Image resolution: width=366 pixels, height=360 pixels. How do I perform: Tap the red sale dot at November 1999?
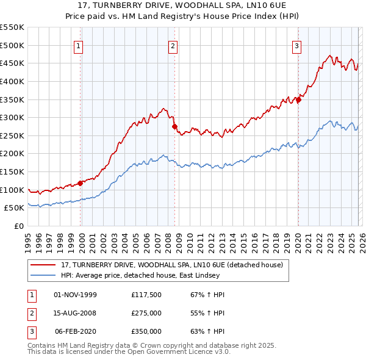(x=81, y=183)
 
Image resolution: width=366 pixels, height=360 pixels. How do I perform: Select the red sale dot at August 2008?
(x=174, y=126)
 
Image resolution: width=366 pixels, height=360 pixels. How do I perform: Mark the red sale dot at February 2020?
(x=298, y=99)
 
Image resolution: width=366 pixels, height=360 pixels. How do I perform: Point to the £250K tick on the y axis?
(x=12, y=135)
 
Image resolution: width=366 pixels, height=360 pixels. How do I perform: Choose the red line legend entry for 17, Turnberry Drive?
(x=171, y=265)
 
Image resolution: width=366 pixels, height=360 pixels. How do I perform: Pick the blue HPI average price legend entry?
(x=158, y=276)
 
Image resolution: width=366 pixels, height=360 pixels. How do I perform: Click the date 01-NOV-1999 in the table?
(x=76, y=295)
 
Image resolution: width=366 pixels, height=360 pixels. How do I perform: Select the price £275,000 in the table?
(x=146, y=313)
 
